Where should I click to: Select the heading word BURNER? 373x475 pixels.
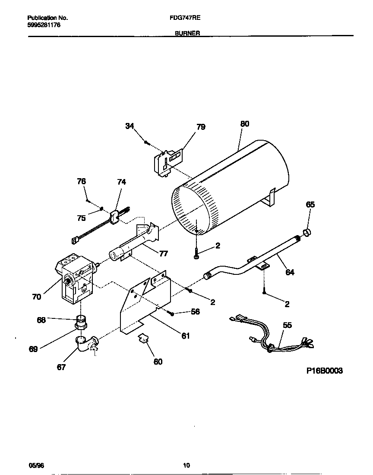click(187, 33)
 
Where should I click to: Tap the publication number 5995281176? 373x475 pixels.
click(44, 25)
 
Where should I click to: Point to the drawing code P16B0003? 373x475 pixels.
click(325, 371)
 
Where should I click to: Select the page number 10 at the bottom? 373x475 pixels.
click(186, 465)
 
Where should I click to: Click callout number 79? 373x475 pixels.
click(201, 127)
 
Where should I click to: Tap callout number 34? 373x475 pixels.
click(130, 126)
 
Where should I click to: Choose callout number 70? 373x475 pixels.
click(36, 296)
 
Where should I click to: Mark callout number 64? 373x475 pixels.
click(290, 272)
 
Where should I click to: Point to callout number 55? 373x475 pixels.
click(287, 325)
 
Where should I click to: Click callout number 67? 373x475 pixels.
click(62, 367)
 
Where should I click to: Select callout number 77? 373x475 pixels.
click(163, 253)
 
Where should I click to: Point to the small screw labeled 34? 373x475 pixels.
click(147, 141)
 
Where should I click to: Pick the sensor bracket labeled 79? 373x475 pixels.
click(168, 162)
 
